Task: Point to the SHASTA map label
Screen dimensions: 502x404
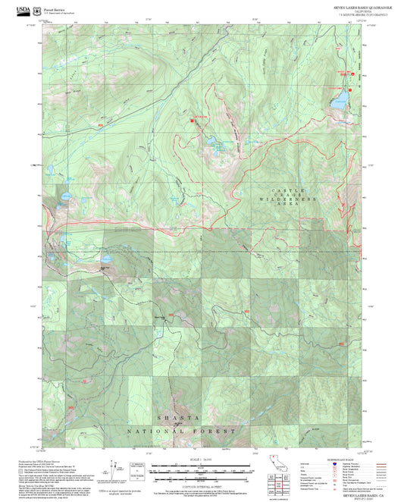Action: tap(178, 419)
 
